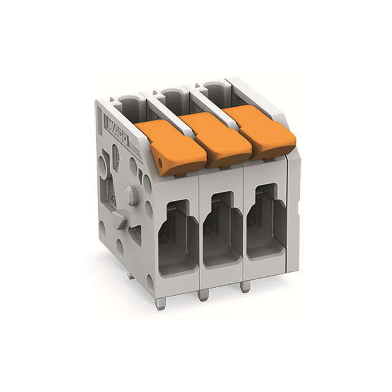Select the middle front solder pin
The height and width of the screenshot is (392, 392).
tap(203, 295)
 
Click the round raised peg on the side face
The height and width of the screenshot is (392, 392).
tap(128, 196)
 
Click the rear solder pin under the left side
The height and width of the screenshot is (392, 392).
tap(130, 275)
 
